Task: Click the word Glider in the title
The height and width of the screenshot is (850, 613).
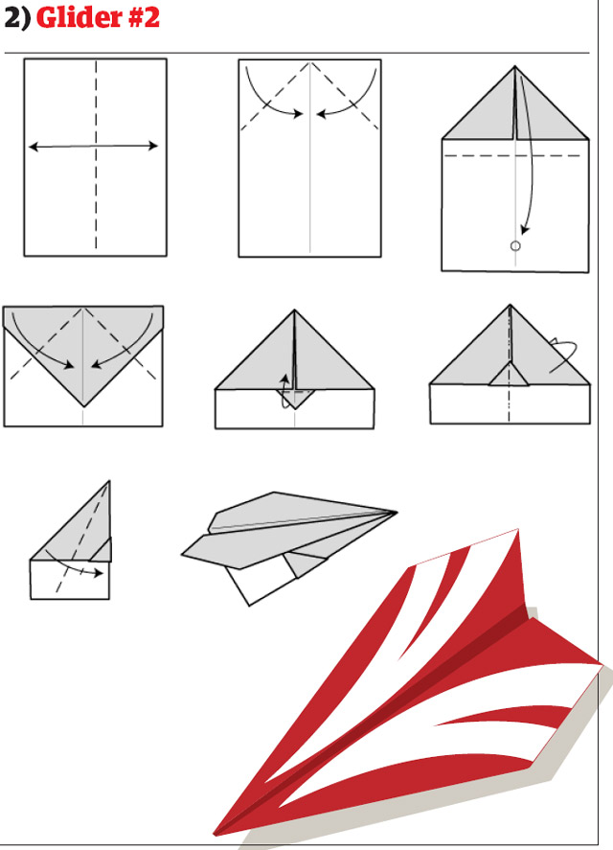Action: (x=79, y=17)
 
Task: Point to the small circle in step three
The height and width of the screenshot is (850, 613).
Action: (x=515, y=246)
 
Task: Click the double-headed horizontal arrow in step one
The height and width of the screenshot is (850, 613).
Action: (x=93, y=146)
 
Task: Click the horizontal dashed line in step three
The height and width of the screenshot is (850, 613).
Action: (x=512, y=155)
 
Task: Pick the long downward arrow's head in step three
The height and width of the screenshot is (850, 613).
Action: (x=525, y=229)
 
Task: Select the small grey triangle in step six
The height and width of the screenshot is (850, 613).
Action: (x=509, y=375)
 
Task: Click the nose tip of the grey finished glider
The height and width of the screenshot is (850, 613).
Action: (x=397, y=512)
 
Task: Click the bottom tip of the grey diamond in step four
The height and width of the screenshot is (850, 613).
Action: (x=83, y=406)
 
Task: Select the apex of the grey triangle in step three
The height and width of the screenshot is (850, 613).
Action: (x=515, y=67)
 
